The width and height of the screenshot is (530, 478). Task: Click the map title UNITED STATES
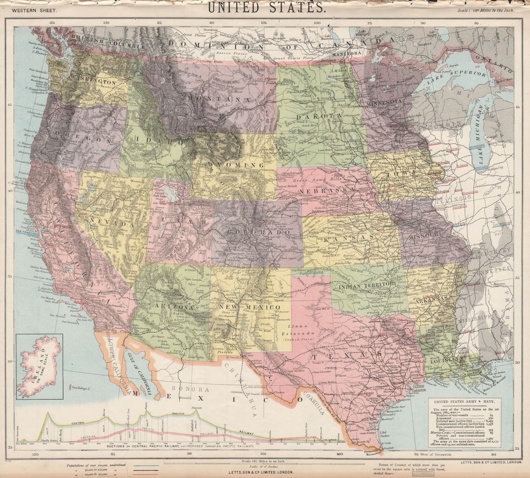tap(266, 7)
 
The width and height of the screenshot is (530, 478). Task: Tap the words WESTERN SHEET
tap(34, 10)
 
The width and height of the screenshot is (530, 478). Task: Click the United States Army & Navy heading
tap(464, 401)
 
